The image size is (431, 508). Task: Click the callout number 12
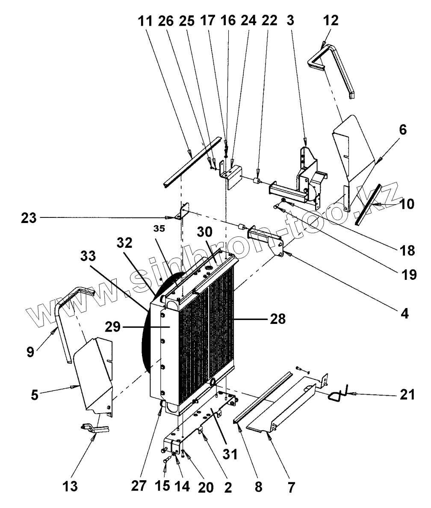(331, 20)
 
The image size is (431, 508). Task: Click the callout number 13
(71, 486)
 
